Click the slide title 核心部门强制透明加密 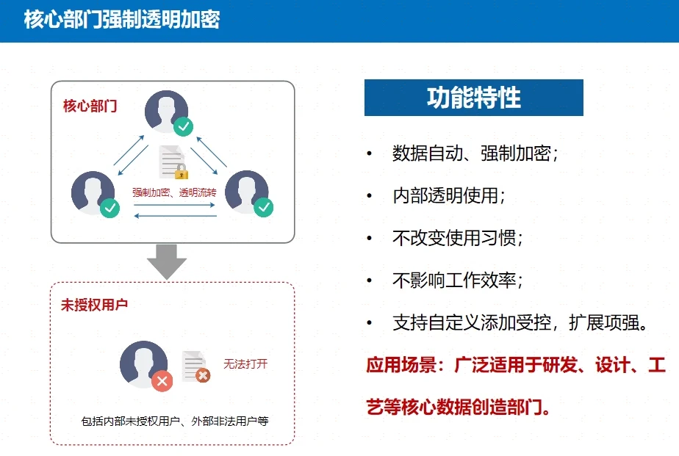point(122,20)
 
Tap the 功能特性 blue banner point(473,98)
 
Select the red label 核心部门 point(90,106)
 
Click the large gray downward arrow point(167,261)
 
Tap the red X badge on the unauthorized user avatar point(162,380)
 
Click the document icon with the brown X point(195,366)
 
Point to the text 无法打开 point(245,364)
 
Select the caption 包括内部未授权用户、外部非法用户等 point(175,421)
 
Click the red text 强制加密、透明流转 point(174,193)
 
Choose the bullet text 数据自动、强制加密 point(475,154)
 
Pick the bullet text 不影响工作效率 point(458,281)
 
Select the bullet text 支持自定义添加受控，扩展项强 point(520,323)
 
